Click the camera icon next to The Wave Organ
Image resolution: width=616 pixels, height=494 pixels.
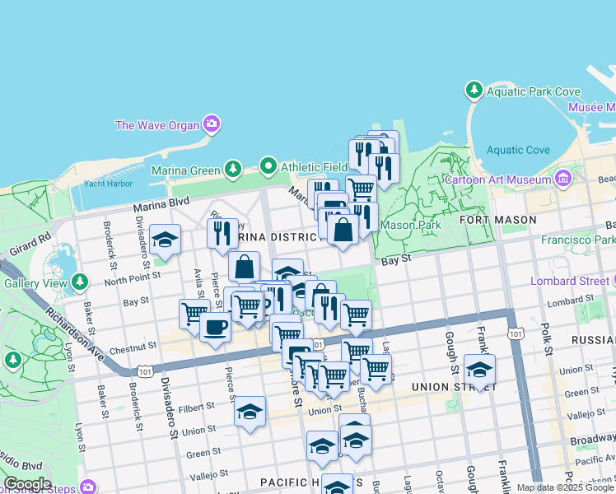click(212, 124)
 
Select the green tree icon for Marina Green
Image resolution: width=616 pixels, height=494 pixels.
click(233, 169)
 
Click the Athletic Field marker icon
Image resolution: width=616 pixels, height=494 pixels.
click(268, 167)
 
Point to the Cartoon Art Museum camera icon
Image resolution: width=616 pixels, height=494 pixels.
click(563, 178)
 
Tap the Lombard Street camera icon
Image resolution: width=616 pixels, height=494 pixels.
click(611, 281)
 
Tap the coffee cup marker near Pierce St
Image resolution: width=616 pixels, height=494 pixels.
click(215, 326)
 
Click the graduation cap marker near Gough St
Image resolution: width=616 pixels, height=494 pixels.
click(479, 369)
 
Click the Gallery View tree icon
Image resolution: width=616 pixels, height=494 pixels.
click(80, 282)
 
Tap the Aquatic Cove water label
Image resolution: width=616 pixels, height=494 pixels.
click(518, 150)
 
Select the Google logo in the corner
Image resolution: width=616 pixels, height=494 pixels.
click(28, 484)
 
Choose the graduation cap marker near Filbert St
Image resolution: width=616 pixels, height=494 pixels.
click(250, 412)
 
